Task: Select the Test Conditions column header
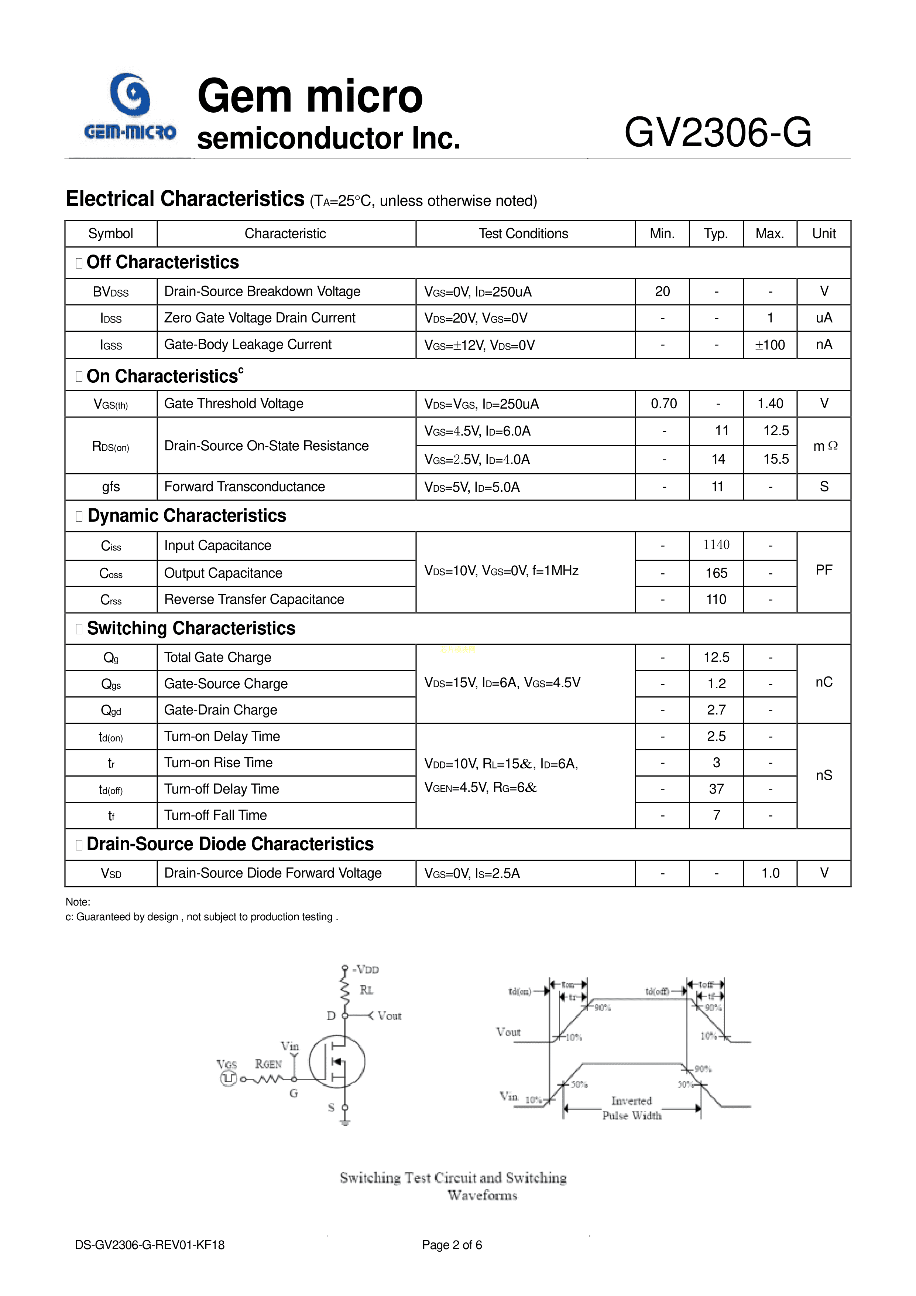tap(524, 234)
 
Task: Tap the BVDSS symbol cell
tap(110, 292)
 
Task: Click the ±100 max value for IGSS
tap(770, 345)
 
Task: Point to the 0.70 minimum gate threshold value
tap(663, 403)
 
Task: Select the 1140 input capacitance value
tap(716, 545)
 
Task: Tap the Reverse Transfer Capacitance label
tap(254, 600)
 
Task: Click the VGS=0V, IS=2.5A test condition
tap(472, 873)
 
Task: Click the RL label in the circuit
tap(367, 990)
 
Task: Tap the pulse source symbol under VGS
tap(228, 1079)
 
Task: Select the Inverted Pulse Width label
tap(632, 1108)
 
